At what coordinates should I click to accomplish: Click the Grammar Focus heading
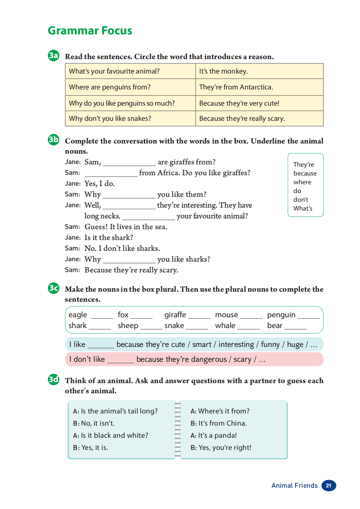[90, 31]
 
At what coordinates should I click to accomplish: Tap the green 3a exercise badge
[53, 55]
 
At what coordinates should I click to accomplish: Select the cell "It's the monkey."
[259, 71]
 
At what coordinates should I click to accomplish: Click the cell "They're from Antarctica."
[259, 87]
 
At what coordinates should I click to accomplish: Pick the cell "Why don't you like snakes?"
[130, 118]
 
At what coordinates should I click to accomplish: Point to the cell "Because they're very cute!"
[259, 103]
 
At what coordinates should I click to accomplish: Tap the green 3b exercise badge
[53, 139]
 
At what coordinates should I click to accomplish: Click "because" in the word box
[305, 173]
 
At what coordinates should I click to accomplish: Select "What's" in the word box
[303, 209]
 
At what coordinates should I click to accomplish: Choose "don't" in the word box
[301, 200]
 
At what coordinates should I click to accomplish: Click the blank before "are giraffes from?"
[129, 163]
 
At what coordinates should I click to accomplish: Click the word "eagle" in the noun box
[78, 315]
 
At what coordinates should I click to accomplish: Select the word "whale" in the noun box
[225, 326]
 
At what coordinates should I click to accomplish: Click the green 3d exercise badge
[53, 379]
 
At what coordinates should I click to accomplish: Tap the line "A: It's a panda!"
[213, 435]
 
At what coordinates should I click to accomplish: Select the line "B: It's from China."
[218, 423]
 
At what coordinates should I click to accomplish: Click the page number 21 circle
[329, 485]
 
